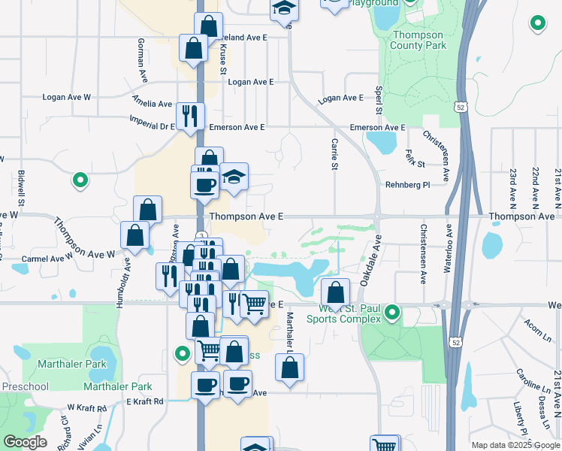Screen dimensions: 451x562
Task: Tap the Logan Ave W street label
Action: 66,97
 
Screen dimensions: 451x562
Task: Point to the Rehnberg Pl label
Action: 406,184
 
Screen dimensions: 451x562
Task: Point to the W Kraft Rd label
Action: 85,406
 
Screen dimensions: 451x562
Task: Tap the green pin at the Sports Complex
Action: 391,311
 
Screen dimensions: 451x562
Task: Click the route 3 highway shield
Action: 202,237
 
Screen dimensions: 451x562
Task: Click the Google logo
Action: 25,442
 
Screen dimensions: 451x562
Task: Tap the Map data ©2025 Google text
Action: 515,445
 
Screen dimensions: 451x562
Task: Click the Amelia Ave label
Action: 153,104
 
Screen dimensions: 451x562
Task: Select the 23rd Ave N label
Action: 514,187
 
